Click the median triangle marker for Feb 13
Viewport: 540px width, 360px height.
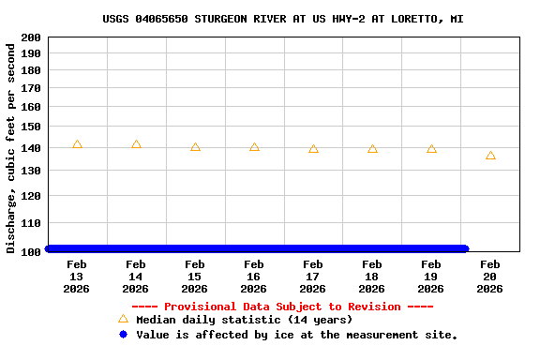77,144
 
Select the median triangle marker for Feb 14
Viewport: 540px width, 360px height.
136,144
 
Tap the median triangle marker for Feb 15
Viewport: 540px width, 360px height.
195,147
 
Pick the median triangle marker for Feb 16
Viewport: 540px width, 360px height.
254,147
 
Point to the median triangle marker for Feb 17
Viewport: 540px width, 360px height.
313,149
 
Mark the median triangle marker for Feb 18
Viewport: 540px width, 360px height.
372,149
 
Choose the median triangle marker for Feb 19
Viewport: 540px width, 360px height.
431,149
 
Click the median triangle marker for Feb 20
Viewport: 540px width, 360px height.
490,156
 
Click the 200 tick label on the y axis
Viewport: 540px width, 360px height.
30,37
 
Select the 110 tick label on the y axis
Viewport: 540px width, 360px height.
30,223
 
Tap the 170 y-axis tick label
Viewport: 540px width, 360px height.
30,88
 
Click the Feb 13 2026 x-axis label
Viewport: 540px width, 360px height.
77,277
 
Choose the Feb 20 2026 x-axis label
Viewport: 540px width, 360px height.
490,277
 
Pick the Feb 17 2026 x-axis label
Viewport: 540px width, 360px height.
313,277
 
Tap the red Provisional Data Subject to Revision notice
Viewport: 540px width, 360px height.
282,307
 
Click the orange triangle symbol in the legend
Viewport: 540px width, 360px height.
123,320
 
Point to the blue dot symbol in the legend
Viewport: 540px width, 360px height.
123,335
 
